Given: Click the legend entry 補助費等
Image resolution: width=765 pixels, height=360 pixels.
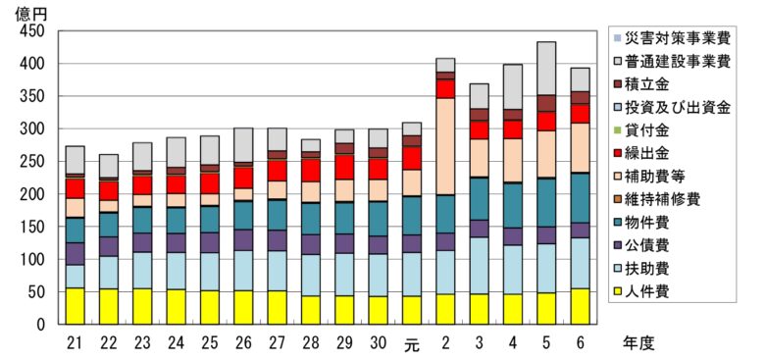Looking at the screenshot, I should point(659,177).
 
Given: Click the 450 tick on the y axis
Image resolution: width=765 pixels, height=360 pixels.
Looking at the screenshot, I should point(34,31).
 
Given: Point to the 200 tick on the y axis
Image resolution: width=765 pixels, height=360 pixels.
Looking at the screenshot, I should point(34,194).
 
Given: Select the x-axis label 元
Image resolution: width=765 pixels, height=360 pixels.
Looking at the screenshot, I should point(411,343).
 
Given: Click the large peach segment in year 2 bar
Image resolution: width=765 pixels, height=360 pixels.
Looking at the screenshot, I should point(445,146).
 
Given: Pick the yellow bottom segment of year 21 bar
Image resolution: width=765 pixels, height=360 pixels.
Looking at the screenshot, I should point(75,306).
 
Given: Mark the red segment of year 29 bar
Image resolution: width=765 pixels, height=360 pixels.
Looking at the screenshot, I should point(344,167).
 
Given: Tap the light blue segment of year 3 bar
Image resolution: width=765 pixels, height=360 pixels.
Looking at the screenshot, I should point(479,265).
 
